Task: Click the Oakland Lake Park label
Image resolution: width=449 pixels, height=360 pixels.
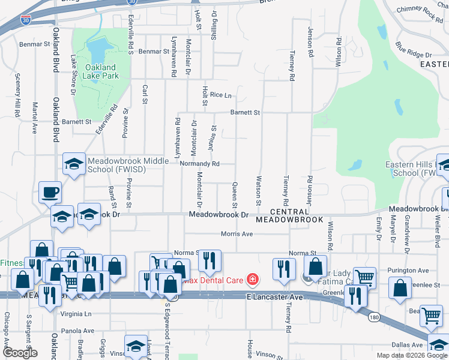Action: (101, 71)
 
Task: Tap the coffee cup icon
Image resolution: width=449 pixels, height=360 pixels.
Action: (50, 193)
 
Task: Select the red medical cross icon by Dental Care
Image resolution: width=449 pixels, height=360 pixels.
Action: (253, 280)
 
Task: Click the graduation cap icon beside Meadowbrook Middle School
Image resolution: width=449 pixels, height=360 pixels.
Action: (74, 163)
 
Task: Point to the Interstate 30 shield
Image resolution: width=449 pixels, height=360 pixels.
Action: (25, 20)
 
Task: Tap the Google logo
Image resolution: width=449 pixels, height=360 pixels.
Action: (20, 353)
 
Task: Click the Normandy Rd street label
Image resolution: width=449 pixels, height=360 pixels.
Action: (200, 163)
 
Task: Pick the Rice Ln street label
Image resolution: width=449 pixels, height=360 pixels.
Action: (220, 95)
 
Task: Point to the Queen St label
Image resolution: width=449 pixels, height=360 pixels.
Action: (235, 193)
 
